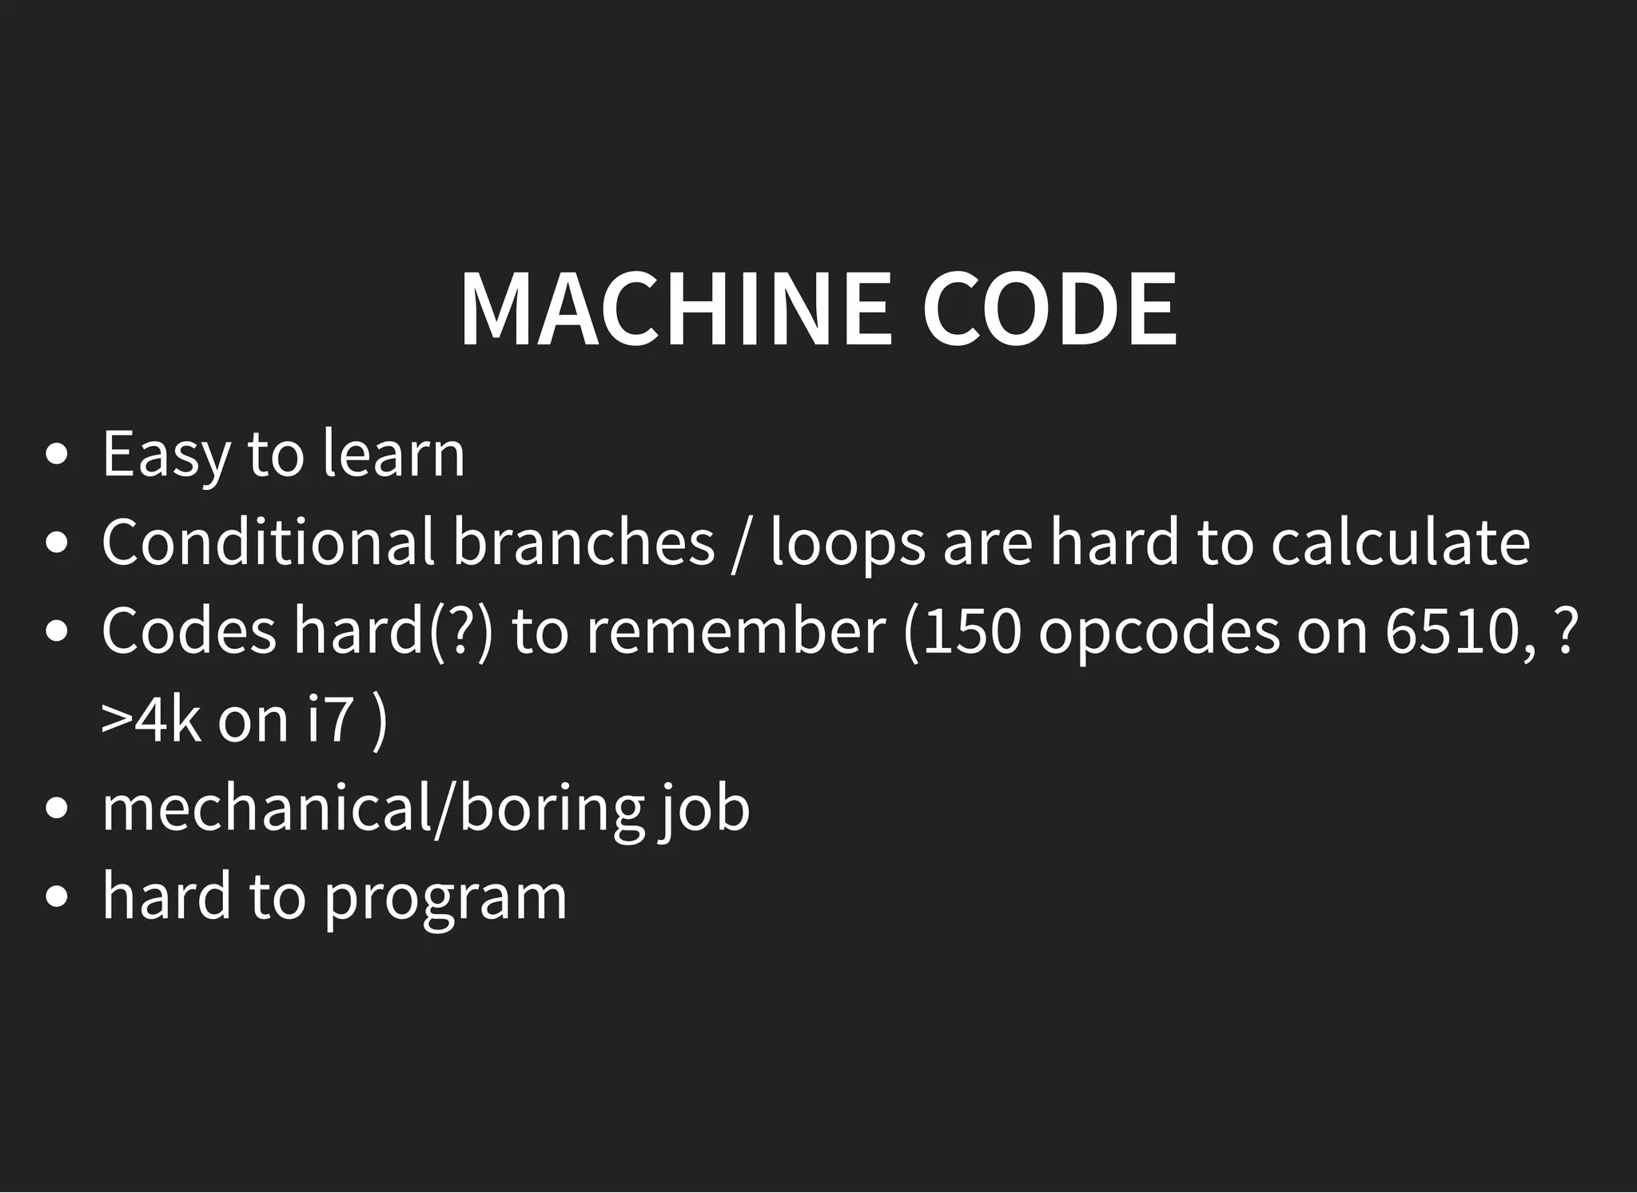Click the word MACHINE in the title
(675, 309)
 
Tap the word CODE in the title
(1050, 309)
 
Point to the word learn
(393, 455)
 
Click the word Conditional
(268, 543)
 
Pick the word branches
(584, 543)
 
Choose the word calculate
(1400, 543)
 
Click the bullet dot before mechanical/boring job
(57, 809)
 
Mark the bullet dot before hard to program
(57, 897)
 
